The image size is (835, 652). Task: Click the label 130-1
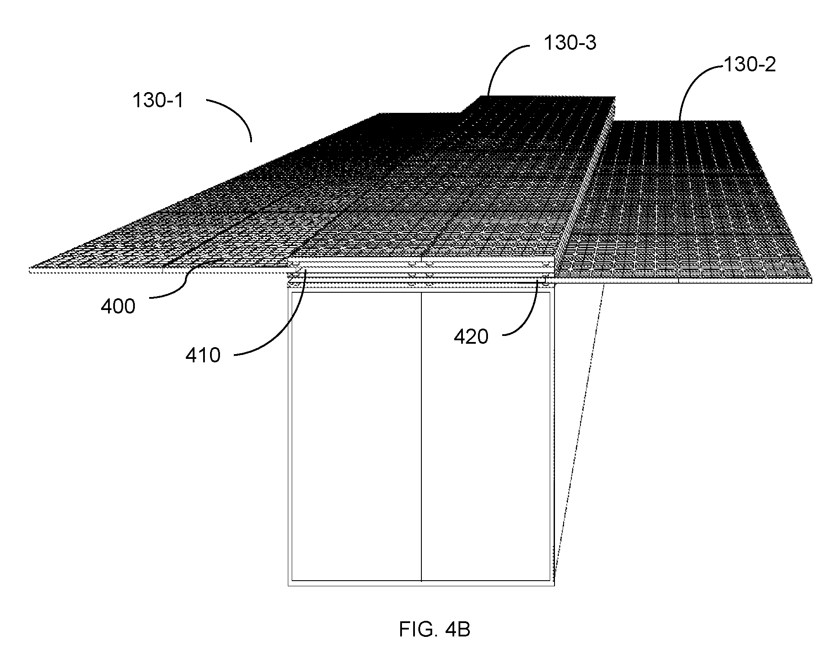pyautogui.click(x=158, y=101)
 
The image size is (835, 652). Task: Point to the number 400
pyautogui.click(x=118, y=307)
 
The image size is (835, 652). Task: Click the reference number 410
pyautogui.click(x=203, y=355)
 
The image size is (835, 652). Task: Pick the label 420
pyautogui.click(x=471, y=336)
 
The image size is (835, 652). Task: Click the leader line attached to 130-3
pyautogui.click(x=506, y=56)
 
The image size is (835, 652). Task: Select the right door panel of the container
pyautogui.click(x=486, y=436)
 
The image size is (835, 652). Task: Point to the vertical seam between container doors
pyautogui.click(x=421, y=436)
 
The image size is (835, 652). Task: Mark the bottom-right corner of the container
pyautogui.click(x=554, y=585)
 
